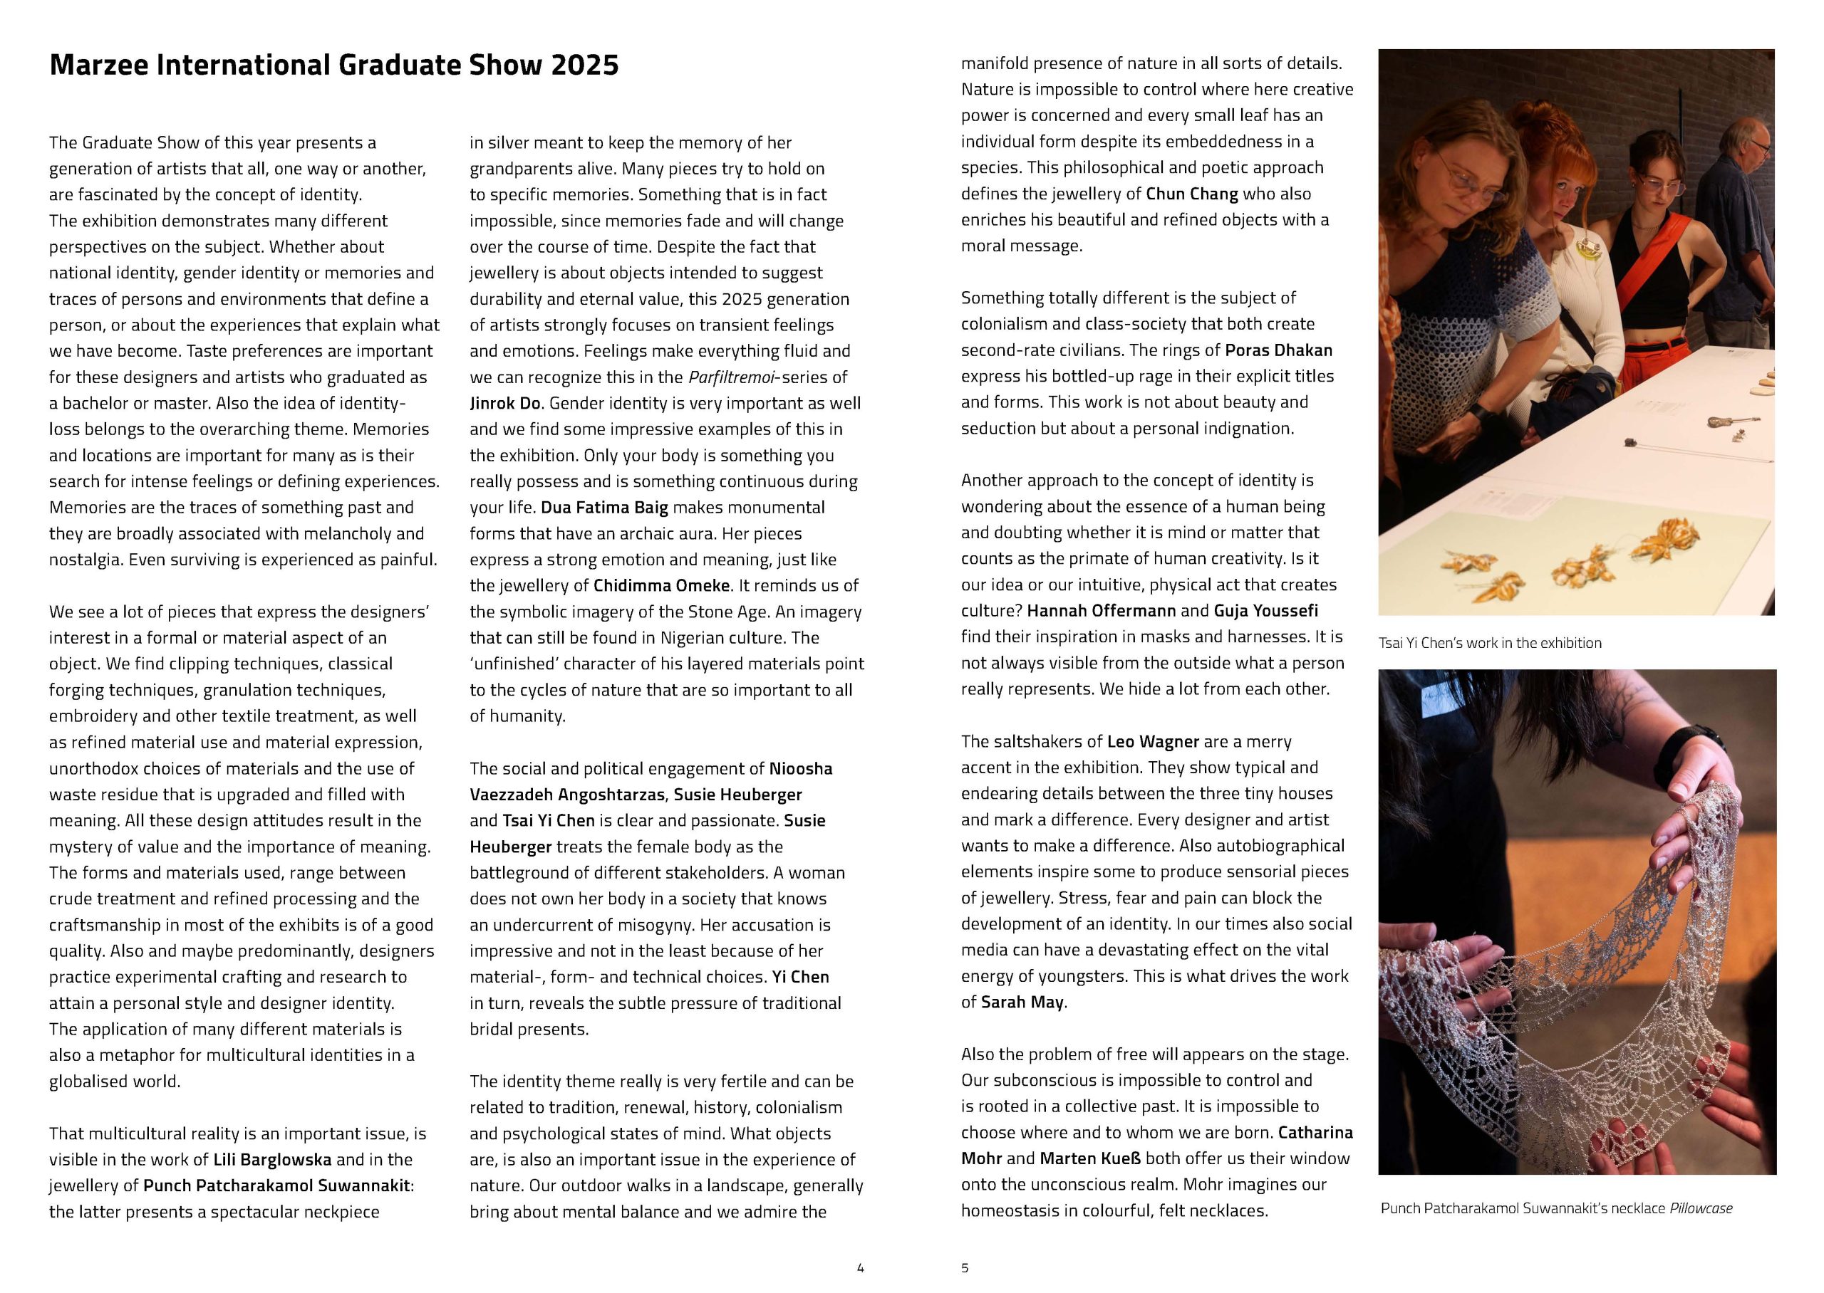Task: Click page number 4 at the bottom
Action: [x=859, y=1267]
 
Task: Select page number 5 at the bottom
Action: [x=965, y=1267]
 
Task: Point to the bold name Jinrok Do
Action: [x=506, y=403]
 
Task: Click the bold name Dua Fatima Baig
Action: [x=603, y=507]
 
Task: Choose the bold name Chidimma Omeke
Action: [x=661, y=586]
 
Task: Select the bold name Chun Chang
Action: [x=1191, y=194]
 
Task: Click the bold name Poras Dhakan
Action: [x=1278, y=350]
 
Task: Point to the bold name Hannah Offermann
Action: [x=1089, y=611]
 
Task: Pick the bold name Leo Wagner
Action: [x=1153, y=741]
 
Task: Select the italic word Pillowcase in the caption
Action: [x=1701, y=1208]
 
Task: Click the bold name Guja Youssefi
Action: [x=1265, y=611]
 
